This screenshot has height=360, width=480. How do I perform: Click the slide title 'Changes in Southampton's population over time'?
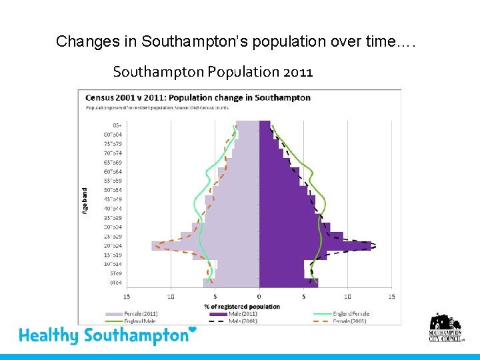[x=235, y=41]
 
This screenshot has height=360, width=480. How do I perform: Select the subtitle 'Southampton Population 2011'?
[x=213, y=71]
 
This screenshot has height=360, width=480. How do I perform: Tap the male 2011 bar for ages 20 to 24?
[x=313, y=246]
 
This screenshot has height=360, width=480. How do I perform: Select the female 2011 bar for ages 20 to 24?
[x=207, y=246]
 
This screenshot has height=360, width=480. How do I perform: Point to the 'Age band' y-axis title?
[x=85, y=199]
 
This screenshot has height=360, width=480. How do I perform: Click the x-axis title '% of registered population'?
[x=241, y=306]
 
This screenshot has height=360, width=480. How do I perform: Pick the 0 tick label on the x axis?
[x=259, y=297]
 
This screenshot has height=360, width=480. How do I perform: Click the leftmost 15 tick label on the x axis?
[x=127, y=297]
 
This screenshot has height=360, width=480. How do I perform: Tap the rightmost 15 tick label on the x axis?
[x=391, y=297]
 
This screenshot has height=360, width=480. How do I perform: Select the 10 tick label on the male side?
[x=347, y=297]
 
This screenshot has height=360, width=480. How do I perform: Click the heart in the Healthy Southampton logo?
[x=193, y=329]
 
